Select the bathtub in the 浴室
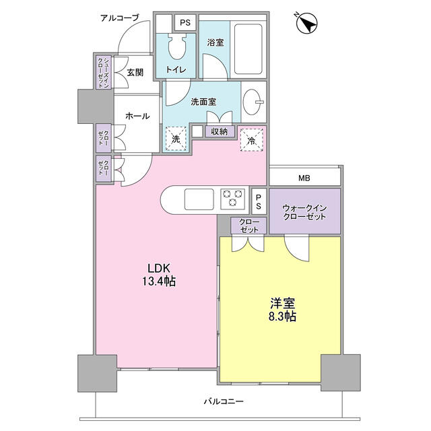tap(248, 51)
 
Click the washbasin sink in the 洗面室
tap(253, 101)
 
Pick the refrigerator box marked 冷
tap(251, 140)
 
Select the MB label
tap(305, 178)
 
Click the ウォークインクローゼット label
tap(304, 212)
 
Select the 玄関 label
tap(135, 72)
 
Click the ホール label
tap(137, 116)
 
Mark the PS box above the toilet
tap(185, 22)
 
